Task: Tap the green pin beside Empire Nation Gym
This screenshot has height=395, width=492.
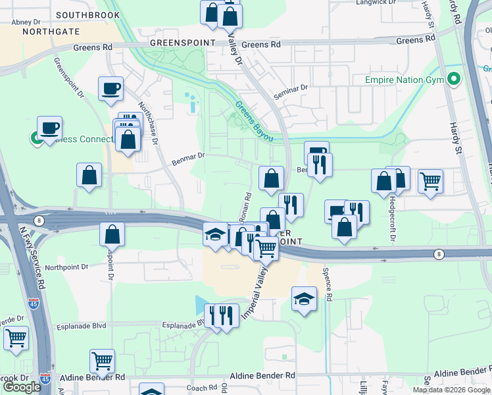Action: click(453, 80)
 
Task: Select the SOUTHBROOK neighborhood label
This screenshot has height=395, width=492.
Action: click(87, 14)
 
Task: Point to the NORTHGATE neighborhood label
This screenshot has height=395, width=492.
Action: click(51, 31)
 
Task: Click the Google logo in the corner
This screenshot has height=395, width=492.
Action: click(22, 387)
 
